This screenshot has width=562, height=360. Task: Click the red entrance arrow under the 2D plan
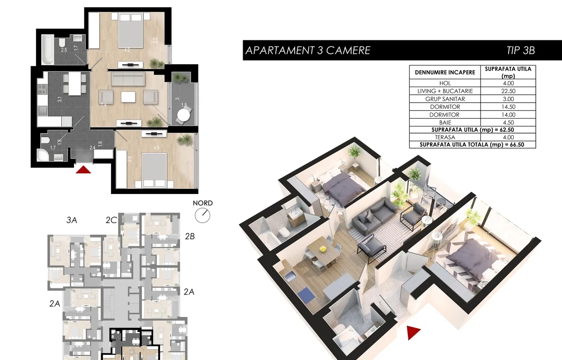pyautogui.click(x=83, y=170)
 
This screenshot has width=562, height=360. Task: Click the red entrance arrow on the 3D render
pyautogui.click(x=413, y=332)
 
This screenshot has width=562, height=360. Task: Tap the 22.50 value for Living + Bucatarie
pyautogui.click(x=508, y=91)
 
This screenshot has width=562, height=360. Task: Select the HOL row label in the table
pyautogui.click(x=445, y=83)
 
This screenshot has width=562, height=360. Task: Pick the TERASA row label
pyautogui.click(x=445, y=137)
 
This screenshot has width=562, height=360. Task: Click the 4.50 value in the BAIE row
pyautogui.click(x=508, y=122)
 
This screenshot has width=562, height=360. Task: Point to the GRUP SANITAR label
pyautogui.click(x=445, y=99)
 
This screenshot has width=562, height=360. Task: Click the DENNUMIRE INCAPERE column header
pyautogui.click(x=445, y=73)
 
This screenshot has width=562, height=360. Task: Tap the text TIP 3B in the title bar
pyautogui.click(x=521, y=50)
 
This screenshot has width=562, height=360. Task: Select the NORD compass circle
pyautogui.click(x=202, y=216)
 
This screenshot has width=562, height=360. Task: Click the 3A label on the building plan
pyautogui.click(x=72, y=220)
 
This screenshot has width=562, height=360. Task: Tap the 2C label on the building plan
pyautogui.click(x=111, y=220)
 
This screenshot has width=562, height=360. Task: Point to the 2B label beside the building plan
pyautogui.click(x=190, y=236)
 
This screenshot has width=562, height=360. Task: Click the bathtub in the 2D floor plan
pyautogui.click(x=48, y=50)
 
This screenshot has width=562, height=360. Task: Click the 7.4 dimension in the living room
pyautogui.click(x=104, y=105)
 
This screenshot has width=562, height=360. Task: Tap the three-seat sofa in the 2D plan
pyautogui.click(x=128, y=79)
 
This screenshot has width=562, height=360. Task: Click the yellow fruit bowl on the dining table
pyautogui.click(x=322, y=249)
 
